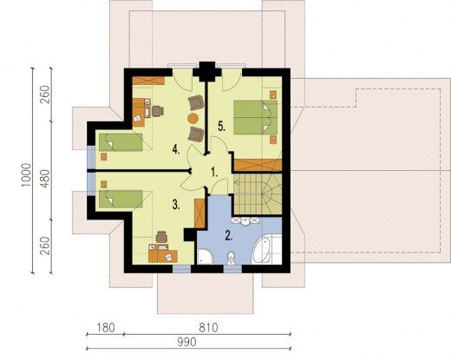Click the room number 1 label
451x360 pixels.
tap(214, 173)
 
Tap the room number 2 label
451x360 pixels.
tap(229, 236)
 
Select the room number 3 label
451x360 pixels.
tap(176, 205)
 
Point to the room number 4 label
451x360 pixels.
tap(176, 149)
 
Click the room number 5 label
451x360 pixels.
tap(221, 127)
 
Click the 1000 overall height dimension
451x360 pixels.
tap(26, 175)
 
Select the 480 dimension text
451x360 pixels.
tap(45, 179)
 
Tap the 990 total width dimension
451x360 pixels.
tap(186, 342)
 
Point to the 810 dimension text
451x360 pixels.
tap(208, 328)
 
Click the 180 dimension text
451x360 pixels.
tap(106, 328)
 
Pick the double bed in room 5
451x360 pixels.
tap(255, 117)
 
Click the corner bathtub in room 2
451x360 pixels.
tap(266, 249)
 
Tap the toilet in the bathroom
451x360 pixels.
tap(231, 259)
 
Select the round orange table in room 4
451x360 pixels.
tap(193, 118)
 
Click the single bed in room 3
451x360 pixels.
tap(121, 199)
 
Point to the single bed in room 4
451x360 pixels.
tap(121, 142)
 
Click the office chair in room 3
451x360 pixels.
tap(161, 237)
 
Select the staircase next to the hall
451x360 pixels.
tap(258, 193)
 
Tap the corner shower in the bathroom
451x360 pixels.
tap(205, 257)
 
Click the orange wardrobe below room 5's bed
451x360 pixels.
tap(258, 165)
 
